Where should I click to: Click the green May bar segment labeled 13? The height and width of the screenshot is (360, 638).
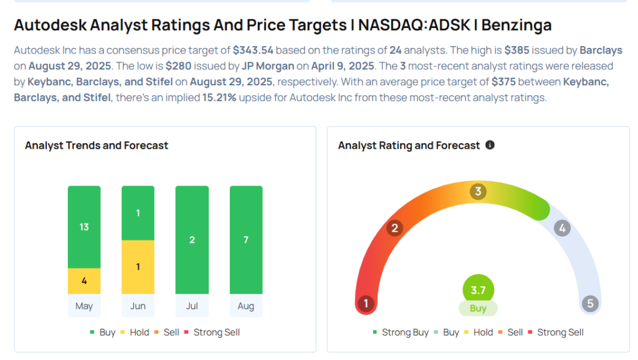click(x=84, y=227)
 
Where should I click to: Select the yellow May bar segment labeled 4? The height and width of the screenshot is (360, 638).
click(x=84, y=281)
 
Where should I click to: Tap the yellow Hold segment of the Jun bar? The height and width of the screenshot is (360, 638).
click(x=138, y=267)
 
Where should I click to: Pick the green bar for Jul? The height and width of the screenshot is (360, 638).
click(x=192, y=240)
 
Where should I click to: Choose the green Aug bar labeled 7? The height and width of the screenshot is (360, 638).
click(x=246, y=240)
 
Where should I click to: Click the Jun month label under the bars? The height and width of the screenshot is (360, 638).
click(x=138, y=306)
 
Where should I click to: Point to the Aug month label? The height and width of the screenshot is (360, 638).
click(x=246, y=306)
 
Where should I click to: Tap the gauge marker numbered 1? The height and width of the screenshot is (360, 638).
click(x=366, y=304)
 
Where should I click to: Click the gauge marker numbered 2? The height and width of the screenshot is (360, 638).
click(x=394, y=228)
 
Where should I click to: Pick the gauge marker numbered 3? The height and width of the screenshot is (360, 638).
click(x=478, y=191)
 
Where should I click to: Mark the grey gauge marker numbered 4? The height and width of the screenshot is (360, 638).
click(x=562, y=228)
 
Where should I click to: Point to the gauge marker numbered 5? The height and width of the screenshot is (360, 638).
click(x=589, y=304)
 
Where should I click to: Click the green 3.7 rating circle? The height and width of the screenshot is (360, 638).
click(x=478, y=290)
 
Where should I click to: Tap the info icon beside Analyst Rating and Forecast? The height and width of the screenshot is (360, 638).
click(x=490, y=145)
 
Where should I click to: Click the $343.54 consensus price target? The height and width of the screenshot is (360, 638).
click(x=254, y=49)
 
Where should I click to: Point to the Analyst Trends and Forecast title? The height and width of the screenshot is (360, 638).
click(x=97, y=145)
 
